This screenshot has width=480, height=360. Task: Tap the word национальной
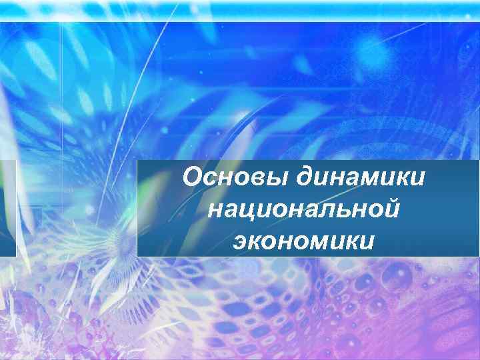pos(304,209)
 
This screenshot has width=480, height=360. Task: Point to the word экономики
pos(304,240)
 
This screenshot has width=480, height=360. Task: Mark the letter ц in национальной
pos(249,211)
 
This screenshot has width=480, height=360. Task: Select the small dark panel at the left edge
pos(7,208)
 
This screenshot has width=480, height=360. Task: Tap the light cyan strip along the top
pos(240,9)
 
